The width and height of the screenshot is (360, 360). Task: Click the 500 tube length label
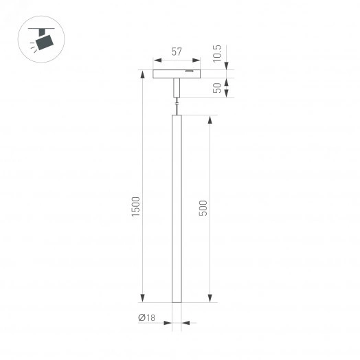[203, 208]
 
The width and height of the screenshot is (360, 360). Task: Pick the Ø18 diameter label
[146, 317]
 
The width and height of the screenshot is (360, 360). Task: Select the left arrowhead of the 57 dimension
[155, 60]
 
